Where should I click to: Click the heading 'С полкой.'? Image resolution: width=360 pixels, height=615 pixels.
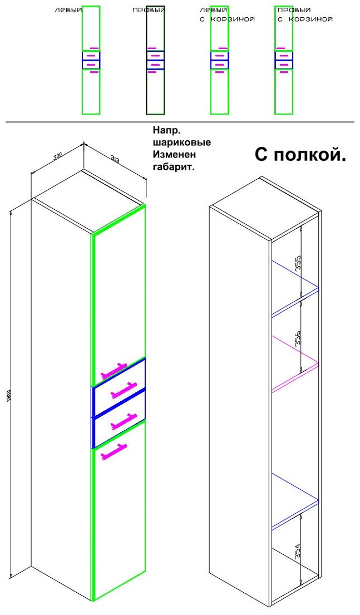(x=300, y=155)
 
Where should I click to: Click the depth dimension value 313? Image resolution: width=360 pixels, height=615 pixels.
(x=115, y=160)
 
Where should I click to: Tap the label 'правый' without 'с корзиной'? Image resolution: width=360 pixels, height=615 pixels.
(x=149, y=10)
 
